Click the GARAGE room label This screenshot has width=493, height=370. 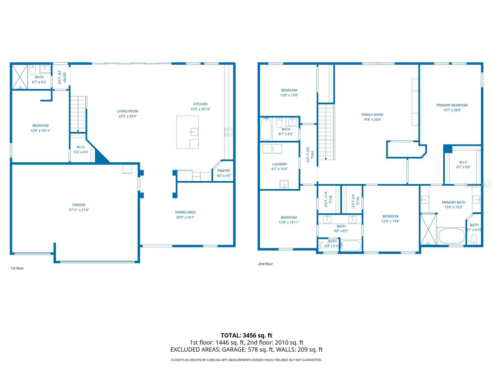click(79, 205)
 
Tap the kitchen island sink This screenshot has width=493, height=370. click(194, 132)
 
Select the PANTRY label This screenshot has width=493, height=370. click(224, 171)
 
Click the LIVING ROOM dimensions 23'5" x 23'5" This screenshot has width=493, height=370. click(127, 116)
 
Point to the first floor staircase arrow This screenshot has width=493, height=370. click(78, 131)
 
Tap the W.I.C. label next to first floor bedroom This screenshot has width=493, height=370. click(81, 147)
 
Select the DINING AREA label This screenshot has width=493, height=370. click(185, 212)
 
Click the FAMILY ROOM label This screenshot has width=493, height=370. click(372, 115)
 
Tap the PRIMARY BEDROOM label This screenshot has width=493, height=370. click(452, 105)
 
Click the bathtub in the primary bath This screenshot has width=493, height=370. click(451, 236)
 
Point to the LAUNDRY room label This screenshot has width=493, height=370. click(279, 164)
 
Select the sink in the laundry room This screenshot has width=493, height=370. click(284, 184)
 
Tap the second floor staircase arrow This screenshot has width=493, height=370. click(326, 158)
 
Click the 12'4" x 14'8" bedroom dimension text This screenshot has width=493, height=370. click(390, 221)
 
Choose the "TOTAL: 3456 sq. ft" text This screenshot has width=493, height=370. click(246, 335)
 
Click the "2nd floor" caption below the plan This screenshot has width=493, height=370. click(265, 264)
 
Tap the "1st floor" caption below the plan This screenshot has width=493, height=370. click(17, 268)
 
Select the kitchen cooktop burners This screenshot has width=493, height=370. click(229, 132)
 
